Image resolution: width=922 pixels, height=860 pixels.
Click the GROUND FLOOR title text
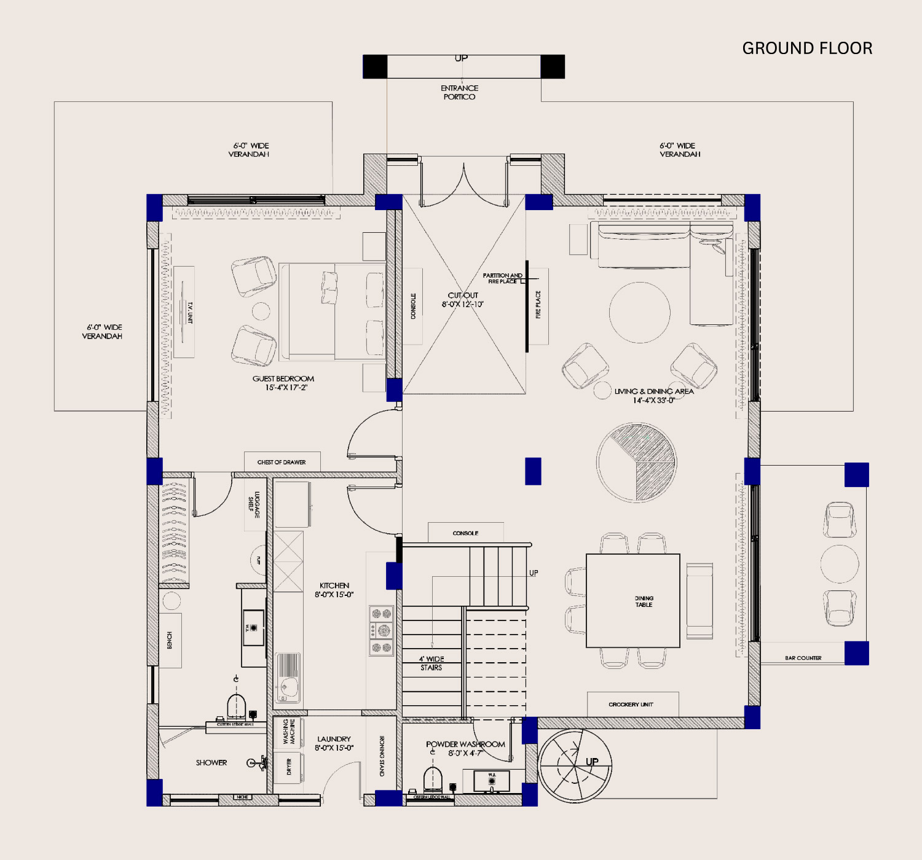[807, 49]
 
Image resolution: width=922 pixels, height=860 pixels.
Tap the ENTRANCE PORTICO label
[459, 93]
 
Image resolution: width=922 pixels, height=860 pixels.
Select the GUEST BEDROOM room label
[283, 383]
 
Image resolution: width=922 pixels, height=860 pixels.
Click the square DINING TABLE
[633, 601]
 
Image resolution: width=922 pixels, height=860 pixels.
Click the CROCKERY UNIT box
[632, 704]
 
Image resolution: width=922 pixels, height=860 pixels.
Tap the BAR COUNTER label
[803, 658]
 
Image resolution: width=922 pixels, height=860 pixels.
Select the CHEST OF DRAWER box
[282, 462]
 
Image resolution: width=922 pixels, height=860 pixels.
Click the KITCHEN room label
[334, 590]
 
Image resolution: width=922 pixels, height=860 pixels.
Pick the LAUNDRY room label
[334, 743]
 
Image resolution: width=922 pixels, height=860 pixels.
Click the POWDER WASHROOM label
[465, 748]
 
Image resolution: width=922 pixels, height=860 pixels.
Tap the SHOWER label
[211, 762]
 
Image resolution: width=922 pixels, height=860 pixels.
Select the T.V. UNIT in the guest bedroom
[184, 312]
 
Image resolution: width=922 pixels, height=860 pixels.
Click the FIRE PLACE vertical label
[538, 305]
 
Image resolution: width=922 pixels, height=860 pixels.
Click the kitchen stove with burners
[381, 630]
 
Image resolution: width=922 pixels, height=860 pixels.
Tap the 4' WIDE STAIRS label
[431, 663]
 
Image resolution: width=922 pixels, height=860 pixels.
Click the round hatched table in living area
[636, 462]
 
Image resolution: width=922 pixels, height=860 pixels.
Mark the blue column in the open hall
[533, 471]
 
